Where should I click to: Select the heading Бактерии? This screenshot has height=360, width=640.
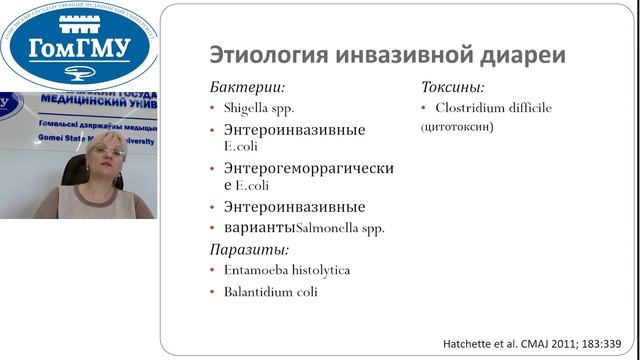245,87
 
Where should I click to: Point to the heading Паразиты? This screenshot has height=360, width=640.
249,249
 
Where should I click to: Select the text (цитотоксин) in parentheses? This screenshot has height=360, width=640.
457,128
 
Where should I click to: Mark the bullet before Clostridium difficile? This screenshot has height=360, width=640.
424,108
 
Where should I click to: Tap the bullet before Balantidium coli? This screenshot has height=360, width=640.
212,292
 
